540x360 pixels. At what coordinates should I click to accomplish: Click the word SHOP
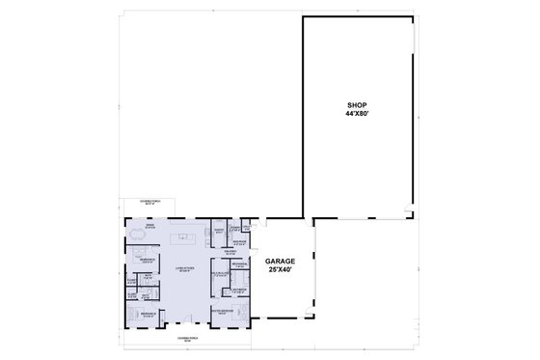click(358, 105)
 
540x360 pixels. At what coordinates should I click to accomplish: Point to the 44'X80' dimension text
click(358, 114)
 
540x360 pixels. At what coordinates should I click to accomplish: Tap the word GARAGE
click(281, 261)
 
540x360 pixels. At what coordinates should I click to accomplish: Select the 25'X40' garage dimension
click(281, 269)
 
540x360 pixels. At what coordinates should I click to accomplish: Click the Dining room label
click(149, 226)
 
